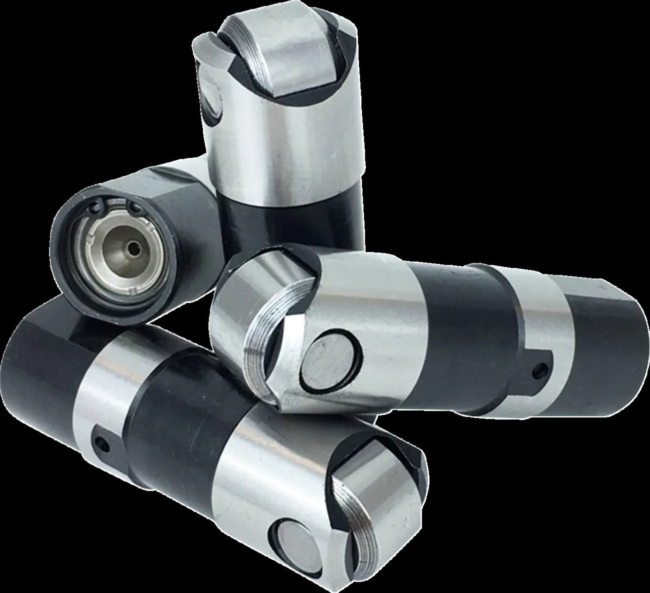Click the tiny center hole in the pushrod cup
tap(134, 248)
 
